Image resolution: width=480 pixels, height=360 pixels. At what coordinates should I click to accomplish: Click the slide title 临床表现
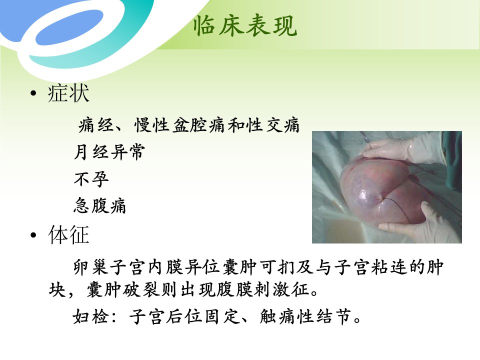tap(245, 25)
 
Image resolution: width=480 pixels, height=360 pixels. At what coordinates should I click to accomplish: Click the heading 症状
tap(68, 93)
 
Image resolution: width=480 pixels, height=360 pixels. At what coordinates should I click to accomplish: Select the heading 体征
tap(68, 235)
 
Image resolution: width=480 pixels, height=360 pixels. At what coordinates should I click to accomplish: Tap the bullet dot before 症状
tap(33, 93)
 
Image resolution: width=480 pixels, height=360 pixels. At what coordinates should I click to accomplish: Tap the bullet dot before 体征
tap(33, 235)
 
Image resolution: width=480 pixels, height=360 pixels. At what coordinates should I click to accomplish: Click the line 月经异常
tap(109, 152)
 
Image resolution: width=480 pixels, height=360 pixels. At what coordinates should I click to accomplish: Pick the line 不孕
tap(91, 179)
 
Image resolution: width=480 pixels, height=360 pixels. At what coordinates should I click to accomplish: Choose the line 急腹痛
tap(100, 205)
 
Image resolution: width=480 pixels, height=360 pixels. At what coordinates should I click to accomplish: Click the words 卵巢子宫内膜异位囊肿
tap(164, 267)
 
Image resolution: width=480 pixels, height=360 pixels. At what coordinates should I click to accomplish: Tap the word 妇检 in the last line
tap(90, 316)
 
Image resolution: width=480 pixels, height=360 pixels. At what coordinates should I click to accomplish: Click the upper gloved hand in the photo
tap(395, 150)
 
